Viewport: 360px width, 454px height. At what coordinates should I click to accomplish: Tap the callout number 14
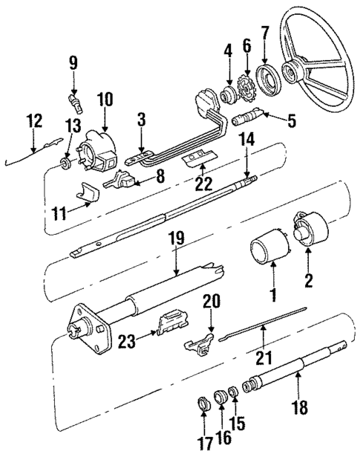(246, 138)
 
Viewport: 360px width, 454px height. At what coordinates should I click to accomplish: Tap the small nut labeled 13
(67, 163)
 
